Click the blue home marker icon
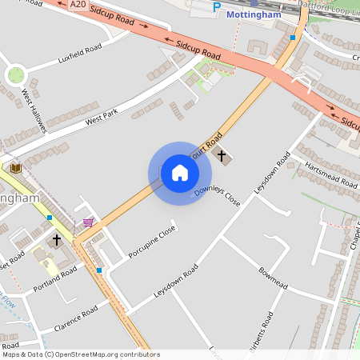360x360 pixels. click(180, 173)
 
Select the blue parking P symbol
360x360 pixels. click(216, 7)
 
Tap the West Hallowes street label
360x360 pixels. click(34, 98)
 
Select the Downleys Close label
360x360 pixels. click(217, 194)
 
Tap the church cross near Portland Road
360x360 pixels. click(56, 239)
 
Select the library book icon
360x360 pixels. click(16, 168)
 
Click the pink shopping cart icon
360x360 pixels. click(88, 222)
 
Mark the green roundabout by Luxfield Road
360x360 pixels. click(15, 76)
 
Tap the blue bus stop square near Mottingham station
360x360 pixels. click(293, 37)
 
